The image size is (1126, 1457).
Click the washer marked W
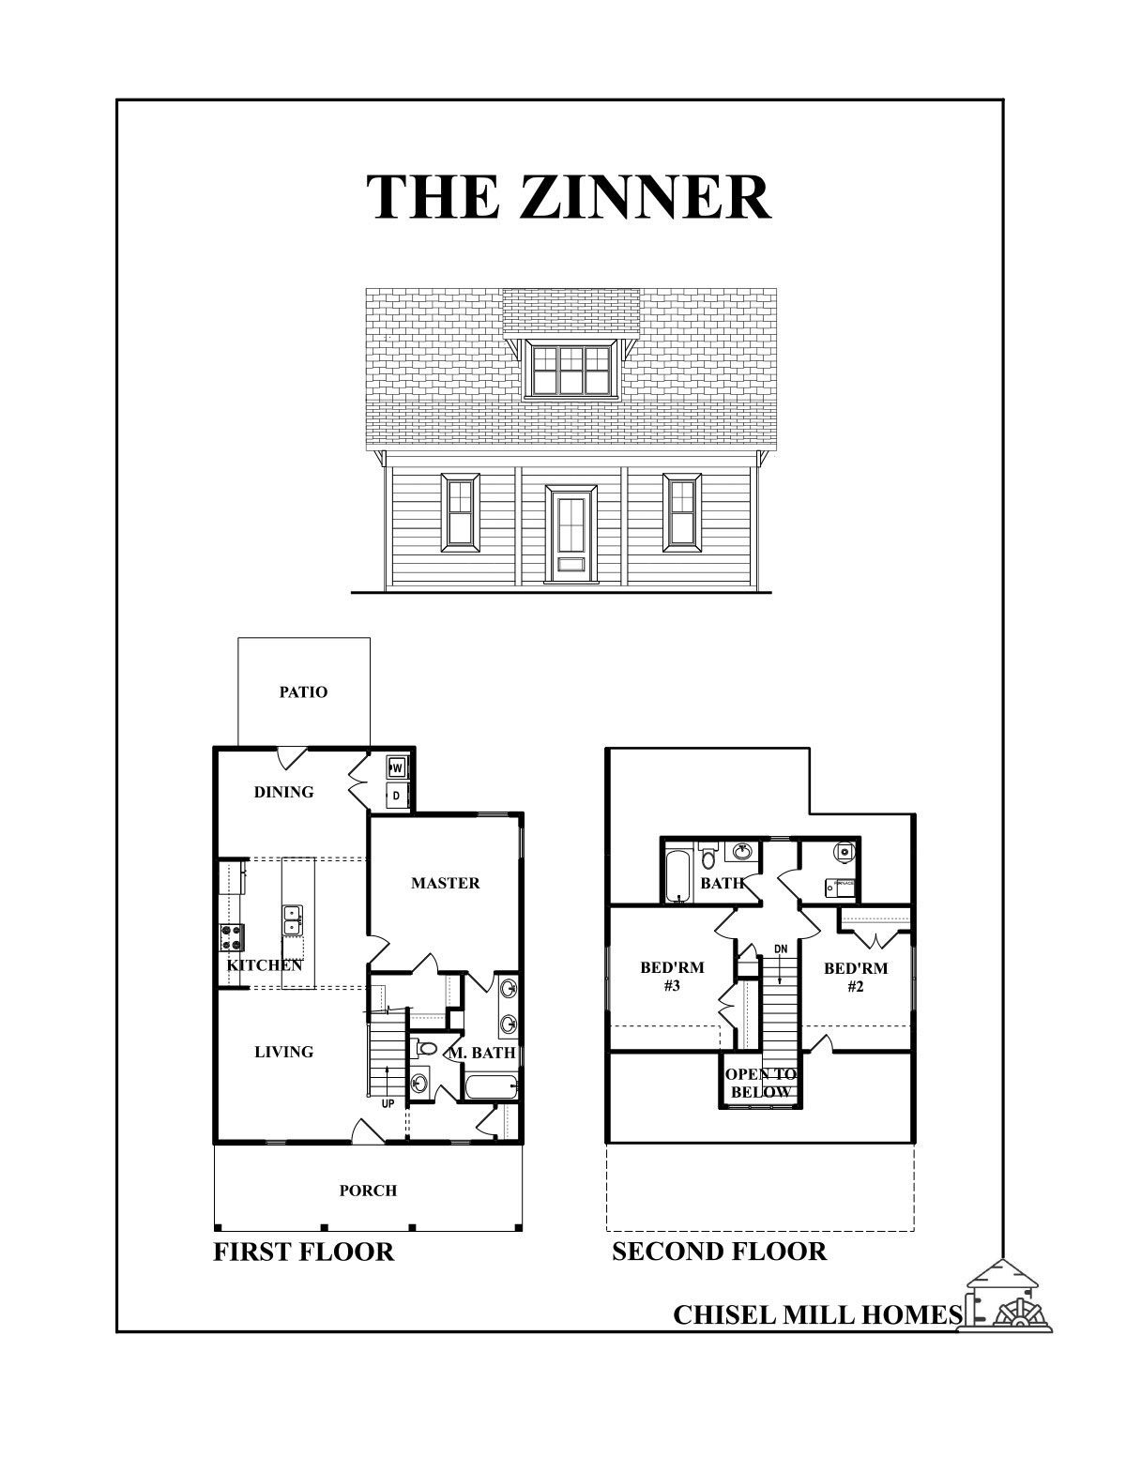396,768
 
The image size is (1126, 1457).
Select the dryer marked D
396,796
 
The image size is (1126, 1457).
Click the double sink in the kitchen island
293,919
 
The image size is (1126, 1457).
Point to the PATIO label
303,692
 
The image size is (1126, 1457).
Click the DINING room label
283,792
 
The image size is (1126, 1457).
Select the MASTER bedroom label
445,883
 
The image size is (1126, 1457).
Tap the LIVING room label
283,1052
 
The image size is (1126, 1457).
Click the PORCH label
368,1191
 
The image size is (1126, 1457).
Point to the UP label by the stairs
388,1104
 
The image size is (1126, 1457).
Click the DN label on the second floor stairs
781,949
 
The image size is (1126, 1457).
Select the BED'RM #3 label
672,977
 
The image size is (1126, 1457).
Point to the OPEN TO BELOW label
760,1084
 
